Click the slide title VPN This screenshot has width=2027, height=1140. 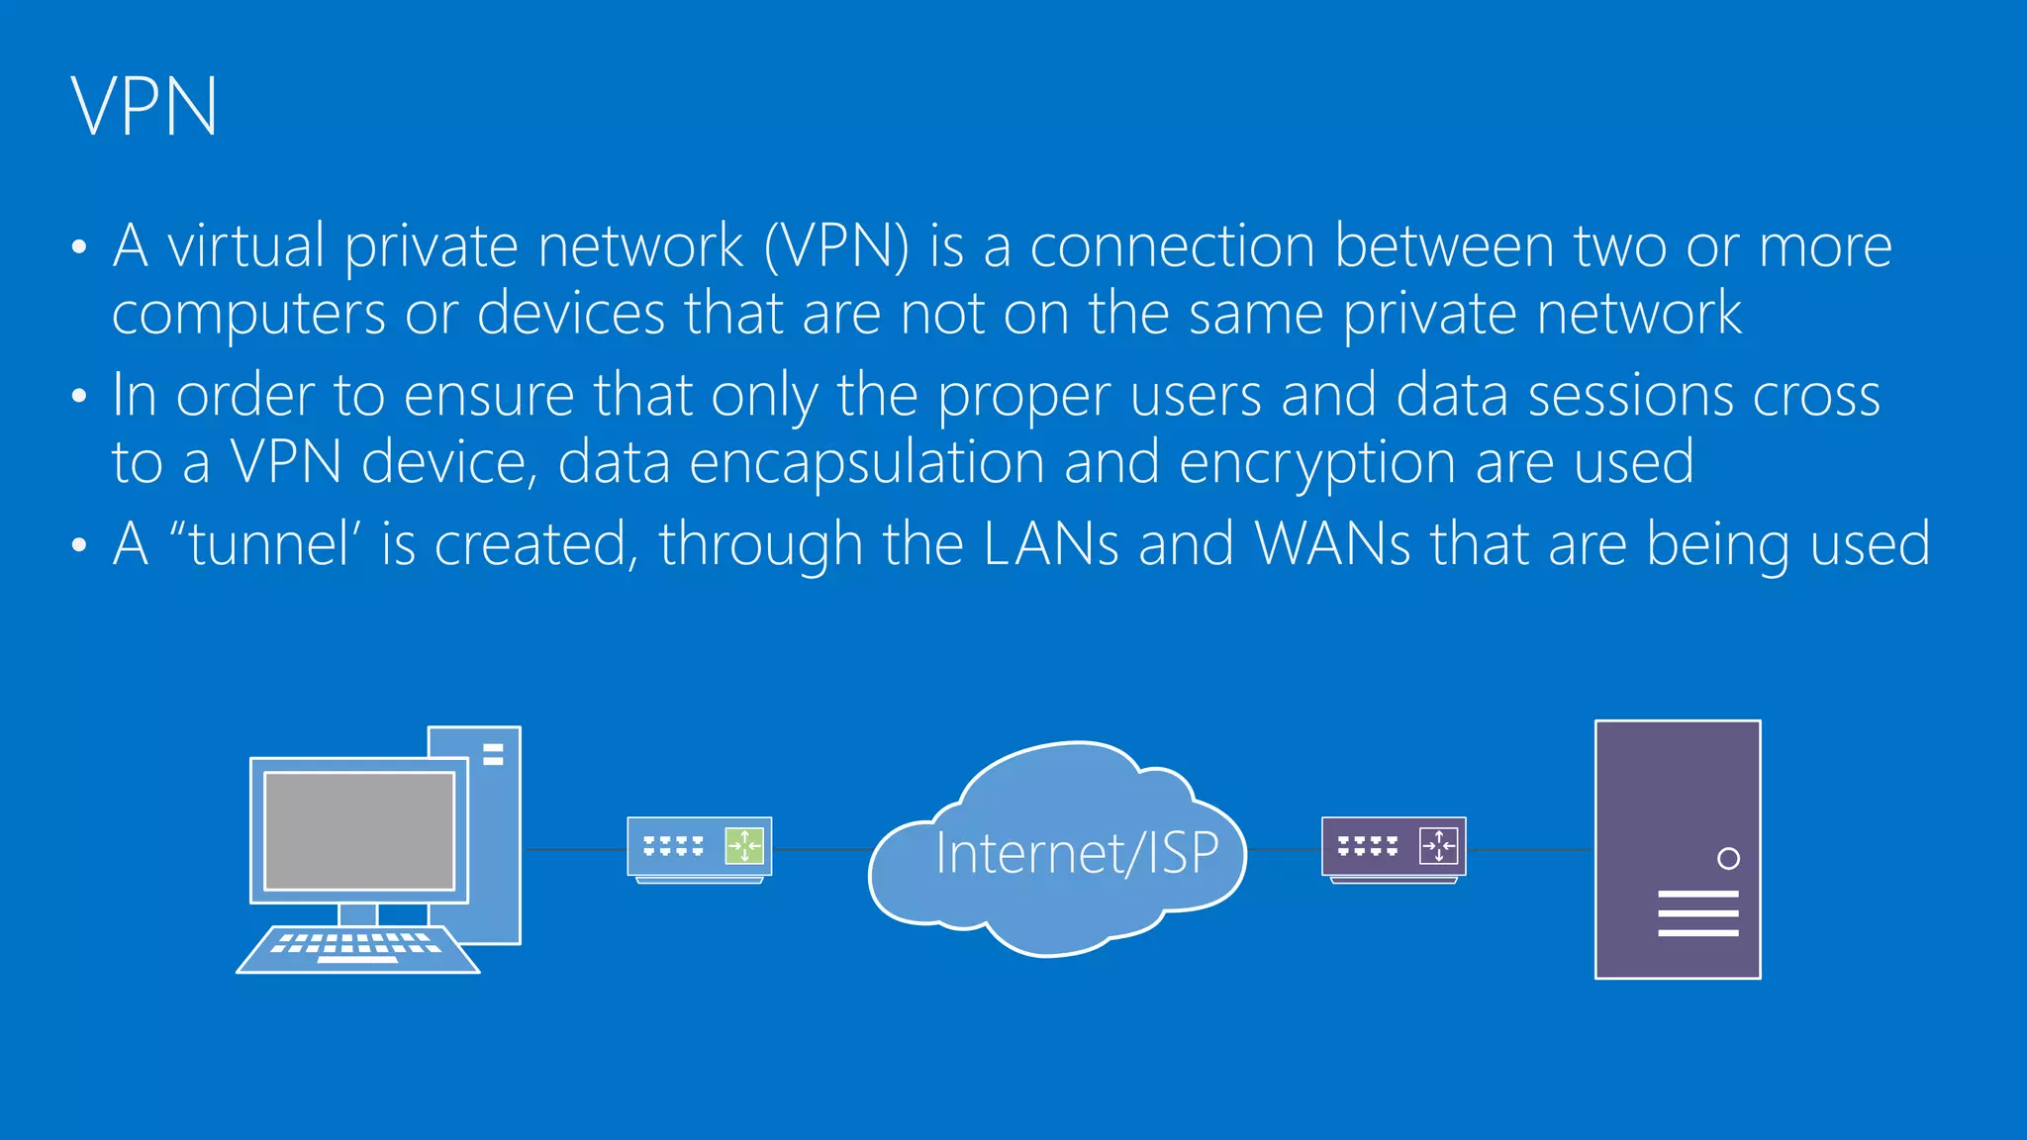[145, 107]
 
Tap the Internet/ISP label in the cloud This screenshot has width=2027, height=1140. [1076, 853]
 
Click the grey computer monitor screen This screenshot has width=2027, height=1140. [359, 831]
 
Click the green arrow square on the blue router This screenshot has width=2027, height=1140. [744, 846]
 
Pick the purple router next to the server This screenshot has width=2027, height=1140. [1393, 848]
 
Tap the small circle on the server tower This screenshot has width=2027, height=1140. [1728, 859]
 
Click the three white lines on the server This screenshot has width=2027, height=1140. [1697, 913]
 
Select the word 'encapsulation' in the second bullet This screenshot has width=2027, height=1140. [866, 463]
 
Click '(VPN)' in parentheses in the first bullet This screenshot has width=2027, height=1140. [836, 246]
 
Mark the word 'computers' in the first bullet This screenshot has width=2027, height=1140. [248, 315]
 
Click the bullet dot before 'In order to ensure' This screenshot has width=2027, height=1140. [79, 397]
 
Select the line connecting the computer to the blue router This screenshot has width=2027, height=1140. [574, 849]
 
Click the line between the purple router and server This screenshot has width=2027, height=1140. [1529, 849]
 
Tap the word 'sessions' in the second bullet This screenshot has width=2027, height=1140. [1630, 396]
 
